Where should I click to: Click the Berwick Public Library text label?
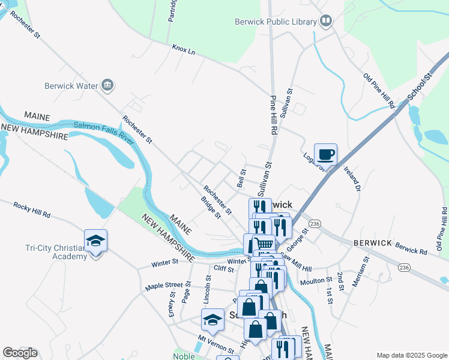(x=276, y=22)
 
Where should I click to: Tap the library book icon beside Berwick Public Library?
(x=326, y=22)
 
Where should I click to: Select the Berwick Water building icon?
(x=107, y=85)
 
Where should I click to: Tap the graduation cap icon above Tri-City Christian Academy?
(x=95, y=241)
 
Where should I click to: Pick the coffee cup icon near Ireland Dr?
(x=325, y=155)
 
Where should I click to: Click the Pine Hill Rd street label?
(x=273, y=115)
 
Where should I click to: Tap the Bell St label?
(x=241, y=178)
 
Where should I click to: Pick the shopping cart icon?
(x=265, y=244)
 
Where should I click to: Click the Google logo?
(x=20, y=353)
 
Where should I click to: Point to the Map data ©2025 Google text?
(x=411, y=355)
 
